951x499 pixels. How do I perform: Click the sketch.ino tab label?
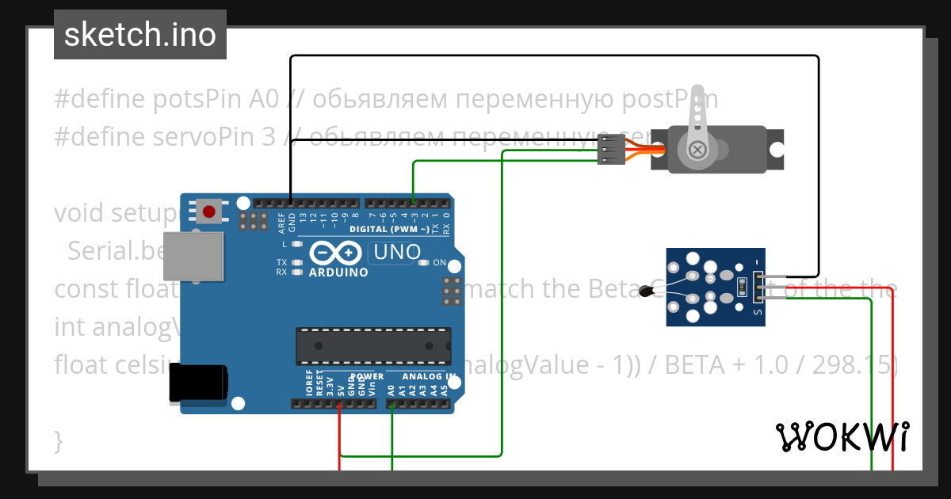point(140,35)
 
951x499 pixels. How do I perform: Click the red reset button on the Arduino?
point(209,211)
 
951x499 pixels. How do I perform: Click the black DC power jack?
point(198,385)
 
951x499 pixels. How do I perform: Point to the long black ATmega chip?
point(373,346)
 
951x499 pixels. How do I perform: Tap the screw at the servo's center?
point(698,149)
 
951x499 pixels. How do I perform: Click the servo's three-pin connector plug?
point(607,149)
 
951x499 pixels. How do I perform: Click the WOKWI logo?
point(842,436)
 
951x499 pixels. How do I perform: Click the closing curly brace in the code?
point(58,440)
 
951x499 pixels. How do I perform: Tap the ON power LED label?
point(439,263)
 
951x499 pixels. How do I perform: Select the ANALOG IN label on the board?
point(428,376)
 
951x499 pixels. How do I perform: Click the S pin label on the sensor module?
point(758,311)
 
